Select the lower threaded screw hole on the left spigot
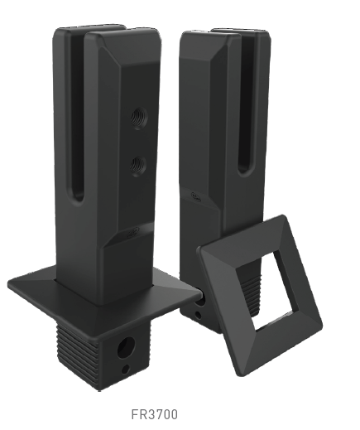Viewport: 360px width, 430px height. click(134, 167)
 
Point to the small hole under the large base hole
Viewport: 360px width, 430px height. click(125, 369)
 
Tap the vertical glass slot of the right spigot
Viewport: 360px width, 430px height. click(244, 116)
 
